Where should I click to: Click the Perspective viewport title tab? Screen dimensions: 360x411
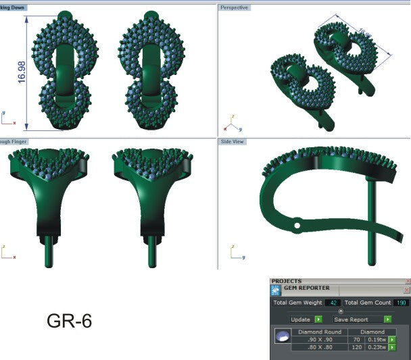pyautogui.click(x=234, y=7)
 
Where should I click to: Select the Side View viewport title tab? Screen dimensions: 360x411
pyautogui.click(x=232, y=142)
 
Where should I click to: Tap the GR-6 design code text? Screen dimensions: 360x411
pyautogui.click(x=69, y=321)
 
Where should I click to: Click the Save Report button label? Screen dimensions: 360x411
pyautogui.click(x=351, y=319)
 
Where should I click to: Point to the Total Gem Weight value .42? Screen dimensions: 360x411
pyautogui.click(x=333, y=303)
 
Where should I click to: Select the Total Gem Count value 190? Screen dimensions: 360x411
pyautogui.click(x=400, y=303)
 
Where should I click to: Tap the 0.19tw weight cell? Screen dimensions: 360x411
pyautogui.click(x=378, y=339)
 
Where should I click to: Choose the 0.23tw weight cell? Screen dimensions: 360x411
pyautogui.click(x=378, y=347)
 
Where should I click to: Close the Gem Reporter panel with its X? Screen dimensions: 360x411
pyautogui.click(x=408, y=288)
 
